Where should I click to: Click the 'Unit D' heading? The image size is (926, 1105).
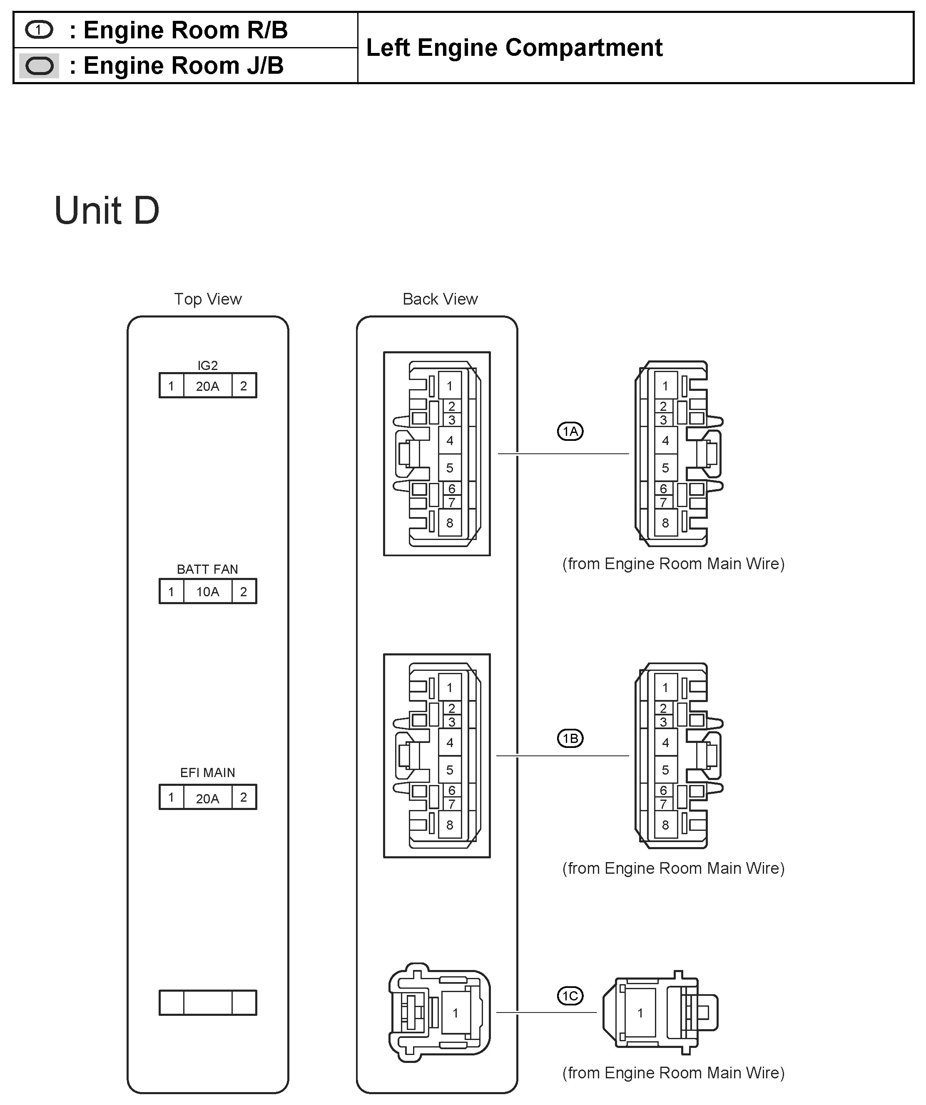(x=107, y=210)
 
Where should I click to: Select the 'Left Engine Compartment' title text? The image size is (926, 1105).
(x=514, y=48)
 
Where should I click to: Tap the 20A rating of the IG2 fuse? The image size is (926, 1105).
(x=207, y=386)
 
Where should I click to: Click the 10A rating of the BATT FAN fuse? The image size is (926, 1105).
(x=207, y=592)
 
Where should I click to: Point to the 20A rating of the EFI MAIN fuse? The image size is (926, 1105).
(x=207, y=798)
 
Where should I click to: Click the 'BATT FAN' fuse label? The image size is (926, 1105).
(x=207, y=569)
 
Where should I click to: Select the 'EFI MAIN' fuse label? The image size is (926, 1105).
(x=207, y=772)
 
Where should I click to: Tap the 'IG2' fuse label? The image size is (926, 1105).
(x=207, y=365)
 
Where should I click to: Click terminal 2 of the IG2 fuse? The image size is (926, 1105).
(x=244, y=386)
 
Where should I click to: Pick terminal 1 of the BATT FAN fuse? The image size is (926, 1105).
(x=171, y=592)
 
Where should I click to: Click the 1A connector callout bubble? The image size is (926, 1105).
(x=570, y=432)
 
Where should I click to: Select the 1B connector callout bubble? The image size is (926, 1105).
(x=570, y=739)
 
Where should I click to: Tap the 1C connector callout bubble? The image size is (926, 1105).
(x=570, y=996)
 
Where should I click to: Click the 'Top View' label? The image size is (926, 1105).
(x=208, y=299)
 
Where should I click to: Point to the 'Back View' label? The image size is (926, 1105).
(x=440, y=299)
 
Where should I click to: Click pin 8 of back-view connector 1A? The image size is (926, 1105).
(x=450, y=523)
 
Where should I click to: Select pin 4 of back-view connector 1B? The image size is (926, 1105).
(x=450, y=742)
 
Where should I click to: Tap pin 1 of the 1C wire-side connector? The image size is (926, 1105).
(x=640, y=1013)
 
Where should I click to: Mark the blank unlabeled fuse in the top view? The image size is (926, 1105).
(x=208, y=1003)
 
